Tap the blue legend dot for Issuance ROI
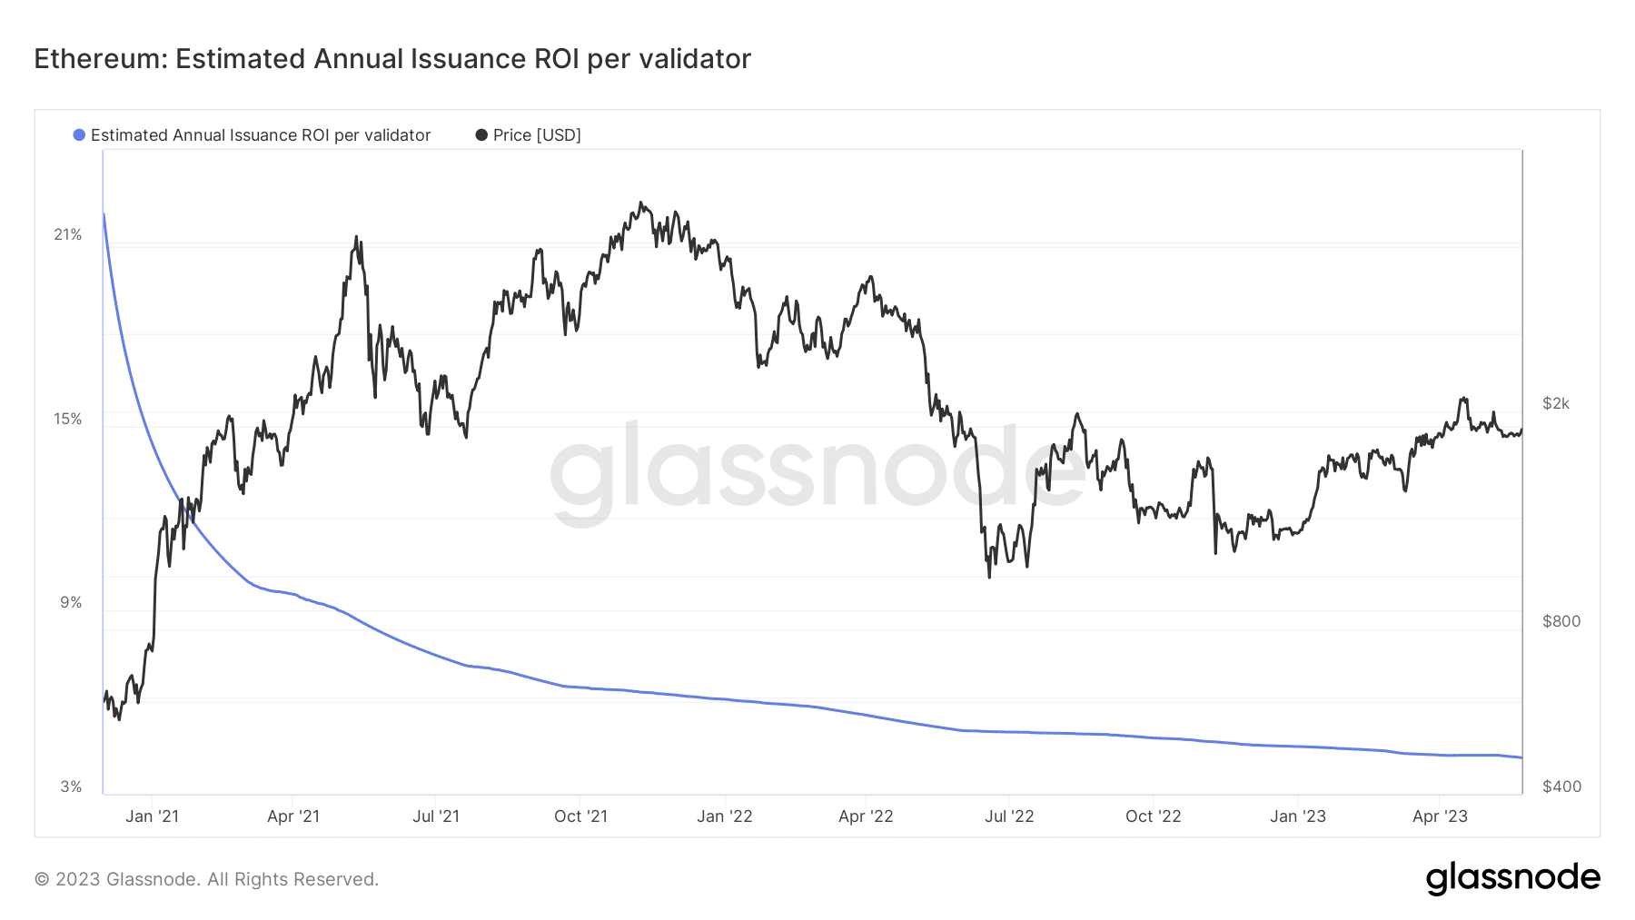[79, 135]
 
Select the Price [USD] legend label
[537, 135]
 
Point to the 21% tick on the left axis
[68, 234]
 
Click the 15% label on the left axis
[68, 419]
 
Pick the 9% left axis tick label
[71, 602]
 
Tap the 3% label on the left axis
[71, 786]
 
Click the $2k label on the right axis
[1556, 403]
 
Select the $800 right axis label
[1561, 621]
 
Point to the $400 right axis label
[1561, 786]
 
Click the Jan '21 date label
[152, 816]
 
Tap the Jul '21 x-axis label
[436, 816]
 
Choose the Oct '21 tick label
[580, 816]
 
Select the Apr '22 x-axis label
[866, 816]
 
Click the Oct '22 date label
[1153, 816]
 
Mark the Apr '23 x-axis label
[1440, 816]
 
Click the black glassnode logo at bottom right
[1512, 878]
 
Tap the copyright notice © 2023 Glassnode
[206, 879]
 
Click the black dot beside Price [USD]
[481, 135]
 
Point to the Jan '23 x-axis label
[1297, 816]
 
